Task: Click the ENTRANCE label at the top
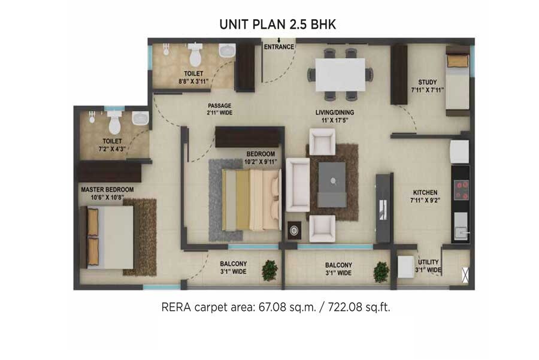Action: pyautogui.click(x=279, y=47)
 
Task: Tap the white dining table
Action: pyautogui.click(x=340, y=74)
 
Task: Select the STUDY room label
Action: pyautogui.click(x=428, y=82)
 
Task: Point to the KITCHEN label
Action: pyautogui.click(x=425, y=192)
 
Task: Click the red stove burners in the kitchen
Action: pyautogui.click(x=461, y=190)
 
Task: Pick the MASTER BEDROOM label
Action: pyautogui.click(x=107, y=190)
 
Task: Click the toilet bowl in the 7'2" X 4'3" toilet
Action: pyautogui.click(x=114, y=124)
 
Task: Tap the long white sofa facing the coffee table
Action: pyautogui.click(x=297, y=184)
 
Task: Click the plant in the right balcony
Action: pyautogui.click(x=381, y=272)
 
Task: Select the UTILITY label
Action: pyautogui.click(x=428, y=262)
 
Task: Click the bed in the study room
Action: pyautogui.click(x=458, y=82)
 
